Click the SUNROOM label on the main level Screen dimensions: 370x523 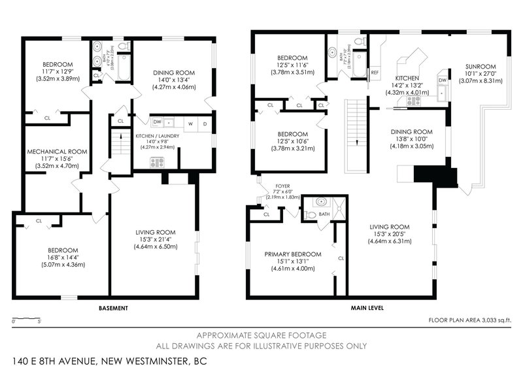481,67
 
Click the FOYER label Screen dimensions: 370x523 283,184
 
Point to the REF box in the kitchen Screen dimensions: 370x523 375,73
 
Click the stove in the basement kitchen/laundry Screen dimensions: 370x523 157,163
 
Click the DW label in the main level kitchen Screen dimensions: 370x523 443,79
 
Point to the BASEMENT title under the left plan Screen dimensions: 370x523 112,307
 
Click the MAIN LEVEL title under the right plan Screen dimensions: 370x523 367,307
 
